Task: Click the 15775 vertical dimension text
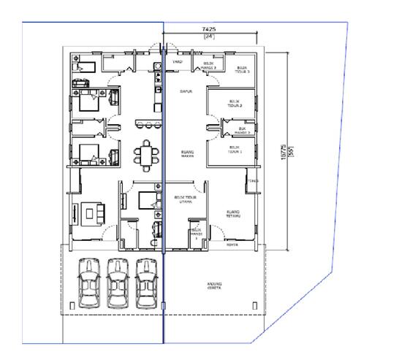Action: (283, 152)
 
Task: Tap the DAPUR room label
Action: (186, 91)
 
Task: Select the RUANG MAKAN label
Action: (186, 153)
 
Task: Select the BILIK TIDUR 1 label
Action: (235, 151)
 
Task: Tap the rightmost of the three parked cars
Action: (146, 281)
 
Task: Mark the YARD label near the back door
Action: (177, 63)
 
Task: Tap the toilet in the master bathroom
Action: (154, 229)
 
